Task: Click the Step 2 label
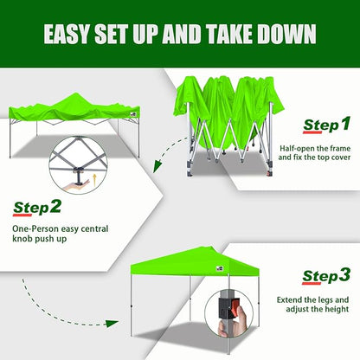[x=37, y=207]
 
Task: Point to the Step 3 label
[x=326, y=276]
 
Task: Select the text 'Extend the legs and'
[x=314, y=299]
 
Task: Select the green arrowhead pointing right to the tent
[x=110, y=323]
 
